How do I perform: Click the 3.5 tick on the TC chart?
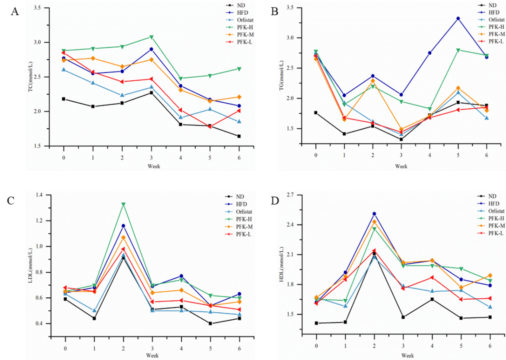(x=39, y=8)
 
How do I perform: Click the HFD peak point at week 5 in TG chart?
(x=458, y=18)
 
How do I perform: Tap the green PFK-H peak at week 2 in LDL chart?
(x=123, y=205)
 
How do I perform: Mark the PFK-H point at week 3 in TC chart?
(x=151, y=37)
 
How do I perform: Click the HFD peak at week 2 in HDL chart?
(x=374, y=214)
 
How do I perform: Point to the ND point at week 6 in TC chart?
(x=239, y=136)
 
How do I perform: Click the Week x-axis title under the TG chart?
(x=401, y=166)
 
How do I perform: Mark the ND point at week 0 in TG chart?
(x=316, y=113)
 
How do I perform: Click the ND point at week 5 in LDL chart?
(x=210, y=324)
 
